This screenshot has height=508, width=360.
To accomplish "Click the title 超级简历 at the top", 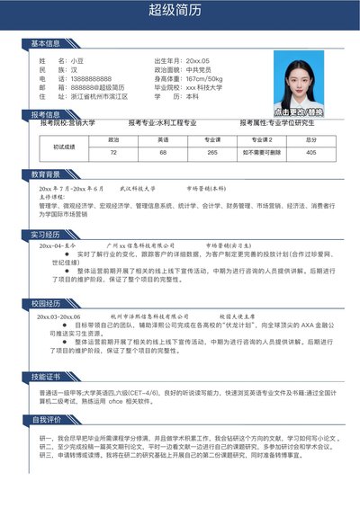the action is pyautogui.click(x=180, y=11).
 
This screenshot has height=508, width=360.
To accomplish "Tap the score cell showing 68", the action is pyautogui.click(x=163, y=153).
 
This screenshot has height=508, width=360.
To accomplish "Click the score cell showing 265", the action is pyautogui.click(x=212, y=153).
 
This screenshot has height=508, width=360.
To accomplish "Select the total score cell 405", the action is pyautogui.click(x=310, y=153).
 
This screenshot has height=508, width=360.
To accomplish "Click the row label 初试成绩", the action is pyautogui.click(x=64, y=147).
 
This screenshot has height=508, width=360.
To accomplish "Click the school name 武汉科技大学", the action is pyautogui.click(x=138, y=189).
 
